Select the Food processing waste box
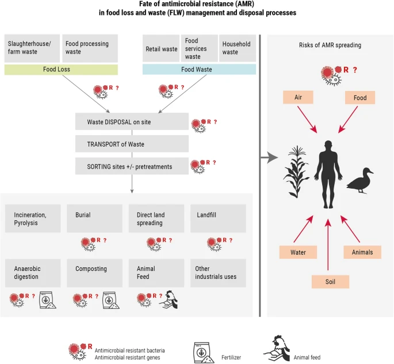(x=89, y=48)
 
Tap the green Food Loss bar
(x=60, y=70)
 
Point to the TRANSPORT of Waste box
(x=132, y=144)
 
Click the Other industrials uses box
(x=218, y=273)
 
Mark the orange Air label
(x=298, y=98)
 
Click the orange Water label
(x=298, y=252)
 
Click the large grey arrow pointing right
(x=270, y=156)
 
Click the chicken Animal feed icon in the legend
(x=277, y=348)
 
